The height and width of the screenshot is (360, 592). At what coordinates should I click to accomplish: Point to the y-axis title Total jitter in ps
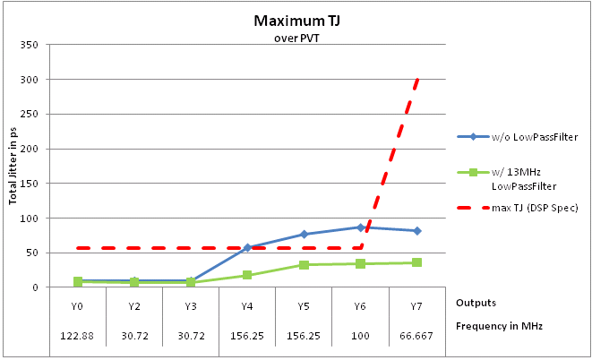pyautogui.click(x=14, y=166)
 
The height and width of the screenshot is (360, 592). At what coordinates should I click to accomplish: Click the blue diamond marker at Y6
pyautogui.click(x=361, y=227)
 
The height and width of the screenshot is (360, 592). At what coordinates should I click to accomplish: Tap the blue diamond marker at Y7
pyautogui.click(x=417, y=231)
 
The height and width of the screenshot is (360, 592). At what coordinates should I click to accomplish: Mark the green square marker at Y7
pyautogui.click(x=417, y=262)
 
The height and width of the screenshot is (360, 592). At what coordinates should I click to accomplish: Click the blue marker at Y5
pyautogui.click(x=305, y=235)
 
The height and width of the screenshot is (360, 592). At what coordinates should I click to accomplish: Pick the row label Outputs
pyautogui.click(x=475, y=303)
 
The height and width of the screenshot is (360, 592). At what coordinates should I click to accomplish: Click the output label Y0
pyautogui.click(x=78, y=305)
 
